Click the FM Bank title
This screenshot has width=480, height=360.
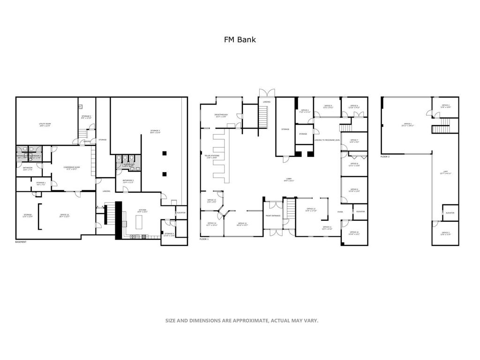point(240,40)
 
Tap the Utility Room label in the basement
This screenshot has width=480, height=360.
point(45,125)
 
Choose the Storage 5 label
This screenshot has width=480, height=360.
point(155,132)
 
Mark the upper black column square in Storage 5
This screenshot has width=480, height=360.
point(164,153)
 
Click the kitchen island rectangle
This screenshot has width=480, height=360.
point(139,222)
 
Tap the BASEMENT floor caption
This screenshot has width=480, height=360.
point(21,242)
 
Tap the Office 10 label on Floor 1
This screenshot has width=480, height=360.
point(354,233)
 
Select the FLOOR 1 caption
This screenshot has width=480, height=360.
point(204,240)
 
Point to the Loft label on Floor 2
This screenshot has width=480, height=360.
point(445,172)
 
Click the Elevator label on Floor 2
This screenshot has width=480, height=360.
point(450,213)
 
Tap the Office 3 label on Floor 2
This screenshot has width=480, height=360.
point(445,233)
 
